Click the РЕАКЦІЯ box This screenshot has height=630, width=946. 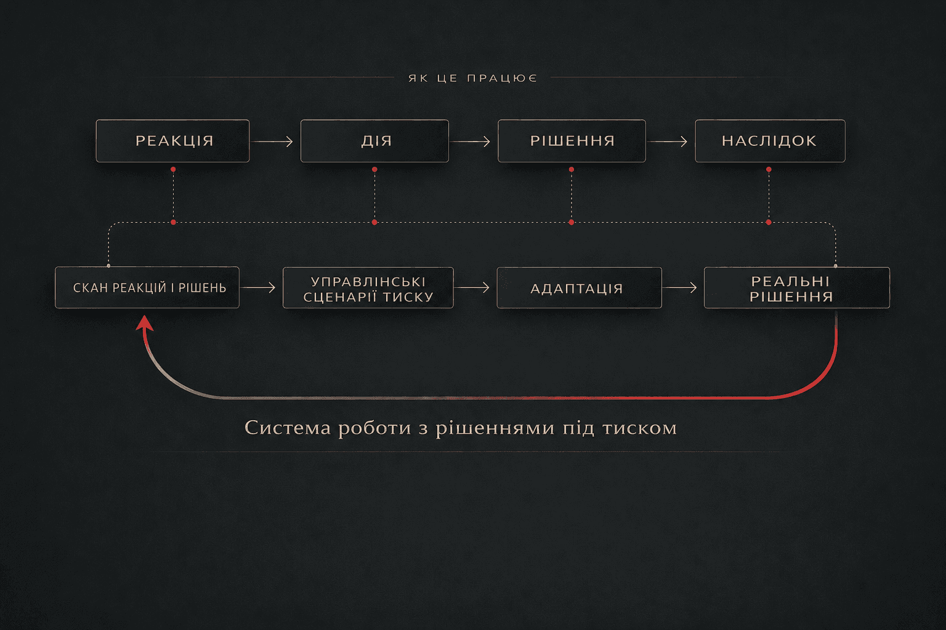[172, 141]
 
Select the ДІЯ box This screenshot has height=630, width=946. [374, 141]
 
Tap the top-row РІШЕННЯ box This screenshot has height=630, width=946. [572, 141]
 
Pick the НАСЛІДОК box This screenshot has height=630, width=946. [770, 141]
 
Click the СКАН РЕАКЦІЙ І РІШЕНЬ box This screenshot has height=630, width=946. [147, 287]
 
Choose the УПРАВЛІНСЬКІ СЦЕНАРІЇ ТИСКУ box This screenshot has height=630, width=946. [368, 288]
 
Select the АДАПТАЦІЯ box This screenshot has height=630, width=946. [580, 288]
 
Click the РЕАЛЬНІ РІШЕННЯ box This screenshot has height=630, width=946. [797, 288]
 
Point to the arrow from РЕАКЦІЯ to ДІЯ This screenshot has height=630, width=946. [273, 142]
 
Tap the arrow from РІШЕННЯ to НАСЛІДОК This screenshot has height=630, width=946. [668, 142]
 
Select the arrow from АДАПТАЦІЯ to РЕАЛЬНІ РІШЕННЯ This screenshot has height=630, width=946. [681, 288]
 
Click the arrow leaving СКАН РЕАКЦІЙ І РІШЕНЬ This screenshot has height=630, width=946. [259, 288]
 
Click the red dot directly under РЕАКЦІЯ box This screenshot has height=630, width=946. [173, 169]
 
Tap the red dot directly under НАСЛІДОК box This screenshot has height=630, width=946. [769, 169]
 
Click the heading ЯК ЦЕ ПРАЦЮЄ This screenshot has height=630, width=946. [472, 78]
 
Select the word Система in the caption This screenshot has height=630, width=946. [288, 428]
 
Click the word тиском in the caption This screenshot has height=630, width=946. [639, 428]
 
